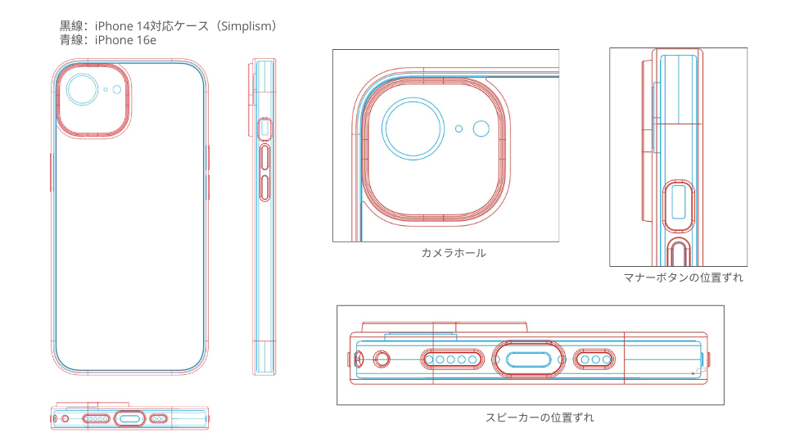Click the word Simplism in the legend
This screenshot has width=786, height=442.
point(245,26)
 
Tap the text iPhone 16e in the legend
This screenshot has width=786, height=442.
point(125,40)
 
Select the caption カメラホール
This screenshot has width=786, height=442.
point(453,253)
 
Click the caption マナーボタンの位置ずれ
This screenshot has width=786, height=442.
point(683,277)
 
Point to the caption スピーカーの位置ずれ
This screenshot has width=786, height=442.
point(540,417)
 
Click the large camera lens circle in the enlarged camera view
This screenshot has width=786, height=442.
point(413,129)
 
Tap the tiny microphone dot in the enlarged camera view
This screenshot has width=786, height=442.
point(458,129)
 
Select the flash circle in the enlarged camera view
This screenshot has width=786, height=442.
point(481,129)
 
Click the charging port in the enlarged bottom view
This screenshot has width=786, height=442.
point(528,359)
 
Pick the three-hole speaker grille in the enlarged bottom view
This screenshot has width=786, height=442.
point(594,359)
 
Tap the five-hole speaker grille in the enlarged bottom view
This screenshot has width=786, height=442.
point(452,359)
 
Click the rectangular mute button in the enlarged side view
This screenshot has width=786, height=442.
point(678,202)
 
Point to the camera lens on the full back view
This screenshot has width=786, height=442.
point(82,90)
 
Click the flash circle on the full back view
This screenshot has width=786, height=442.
point(117,90)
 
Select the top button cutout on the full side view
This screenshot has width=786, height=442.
point(264,129)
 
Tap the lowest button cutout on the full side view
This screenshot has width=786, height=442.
point(264,188)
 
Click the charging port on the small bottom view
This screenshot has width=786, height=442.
point(129,418)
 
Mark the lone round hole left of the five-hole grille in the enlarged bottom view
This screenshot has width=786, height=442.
point(382,359)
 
